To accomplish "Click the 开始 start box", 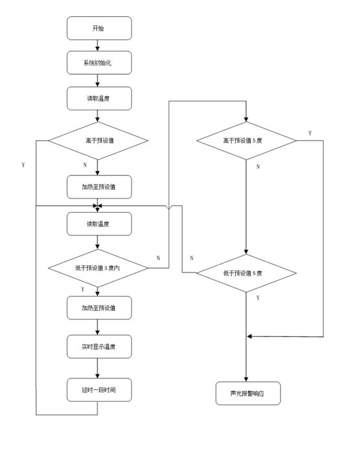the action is pos(99,28).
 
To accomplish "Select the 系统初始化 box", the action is pos(99,62).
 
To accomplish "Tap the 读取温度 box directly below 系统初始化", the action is pos(99,98).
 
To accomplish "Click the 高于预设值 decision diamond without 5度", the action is pos(98,140).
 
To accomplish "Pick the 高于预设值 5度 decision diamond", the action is pos(246,140).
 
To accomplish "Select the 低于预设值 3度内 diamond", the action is pos(98,268).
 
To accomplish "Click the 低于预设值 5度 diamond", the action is pos(246,273).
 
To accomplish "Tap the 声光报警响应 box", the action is pos(248,393).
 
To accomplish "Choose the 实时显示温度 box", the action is pos(99,347).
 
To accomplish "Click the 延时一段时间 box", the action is pos(99,390).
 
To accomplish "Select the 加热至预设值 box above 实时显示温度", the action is pos(99,308).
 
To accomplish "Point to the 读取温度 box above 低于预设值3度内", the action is pos(99,224).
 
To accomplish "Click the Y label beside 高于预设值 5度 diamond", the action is pos(310,133).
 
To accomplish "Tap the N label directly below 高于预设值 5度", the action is pos(258,166).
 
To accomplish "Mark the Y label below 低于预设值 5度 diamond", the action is pos(258,298).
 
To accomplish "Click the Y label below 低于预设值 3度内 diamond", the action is pos(83,289).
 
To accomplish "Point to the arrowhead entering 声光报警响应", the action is pos(246,379).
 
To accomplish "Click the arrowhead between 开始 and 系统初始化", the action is pos(97,49).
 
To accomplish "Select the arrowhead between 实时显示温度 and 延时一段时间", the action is pos(97,376).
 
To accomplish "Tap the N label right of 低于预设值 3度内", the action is pos(158,258).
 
